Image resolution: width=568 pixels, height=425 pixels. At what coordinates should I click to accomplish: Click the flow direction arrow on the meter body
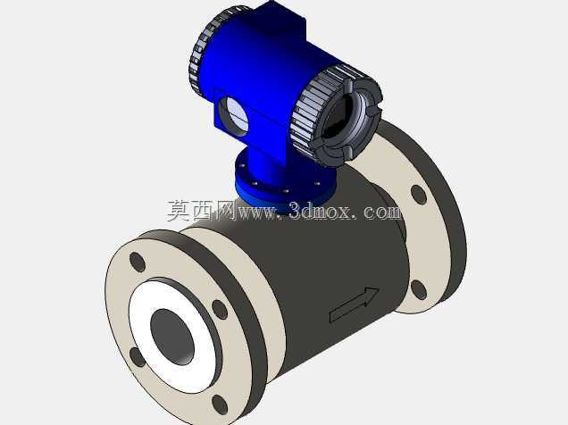pyautogui.click(x=355, y=304)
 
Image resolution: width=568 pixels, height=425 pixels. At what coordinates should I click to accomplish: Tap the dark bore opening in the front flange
pyautogui.click(x=172, y=337)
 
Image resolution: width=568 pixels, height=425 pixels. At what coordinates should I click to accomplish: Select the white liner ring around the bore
pyautogui.click(x=173, y=335)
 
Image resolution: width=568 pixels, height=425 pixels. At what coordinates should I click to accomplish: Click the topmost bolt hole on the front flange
pyautogui.click(x=138, y=262)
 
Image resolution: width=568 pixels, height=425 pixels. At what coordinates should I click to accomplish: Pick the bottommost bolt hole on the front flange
pyautogui.click(x=220, y=404)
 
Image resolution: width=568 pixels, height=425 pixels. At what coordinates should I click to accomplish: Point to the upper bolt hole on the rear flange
pyautogui.click(x=419, y=195)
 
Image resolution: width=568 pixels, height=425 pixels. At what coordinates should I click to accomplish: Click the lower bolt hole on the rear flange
pyautogui.click(x=418, y=289)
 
